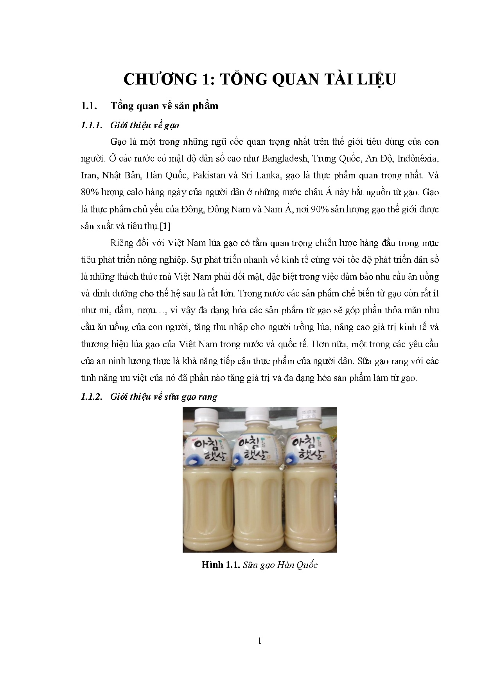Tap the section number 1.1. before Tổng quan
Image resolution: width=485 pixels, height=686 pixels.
click(89, 106)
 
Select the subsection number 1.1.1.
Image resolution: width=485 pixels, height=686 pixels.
click(91, 125)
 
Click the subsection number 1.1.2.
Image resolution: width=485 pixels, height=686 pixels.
click(91, 397)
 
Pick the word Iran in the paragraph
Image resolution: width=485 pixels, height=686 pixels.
click(89, 175)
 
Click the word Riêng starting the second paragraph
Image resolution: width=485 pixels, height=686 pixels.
click(122, 243)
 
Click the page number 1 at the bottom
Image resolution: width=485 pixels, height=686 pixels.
click(259, 641)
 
